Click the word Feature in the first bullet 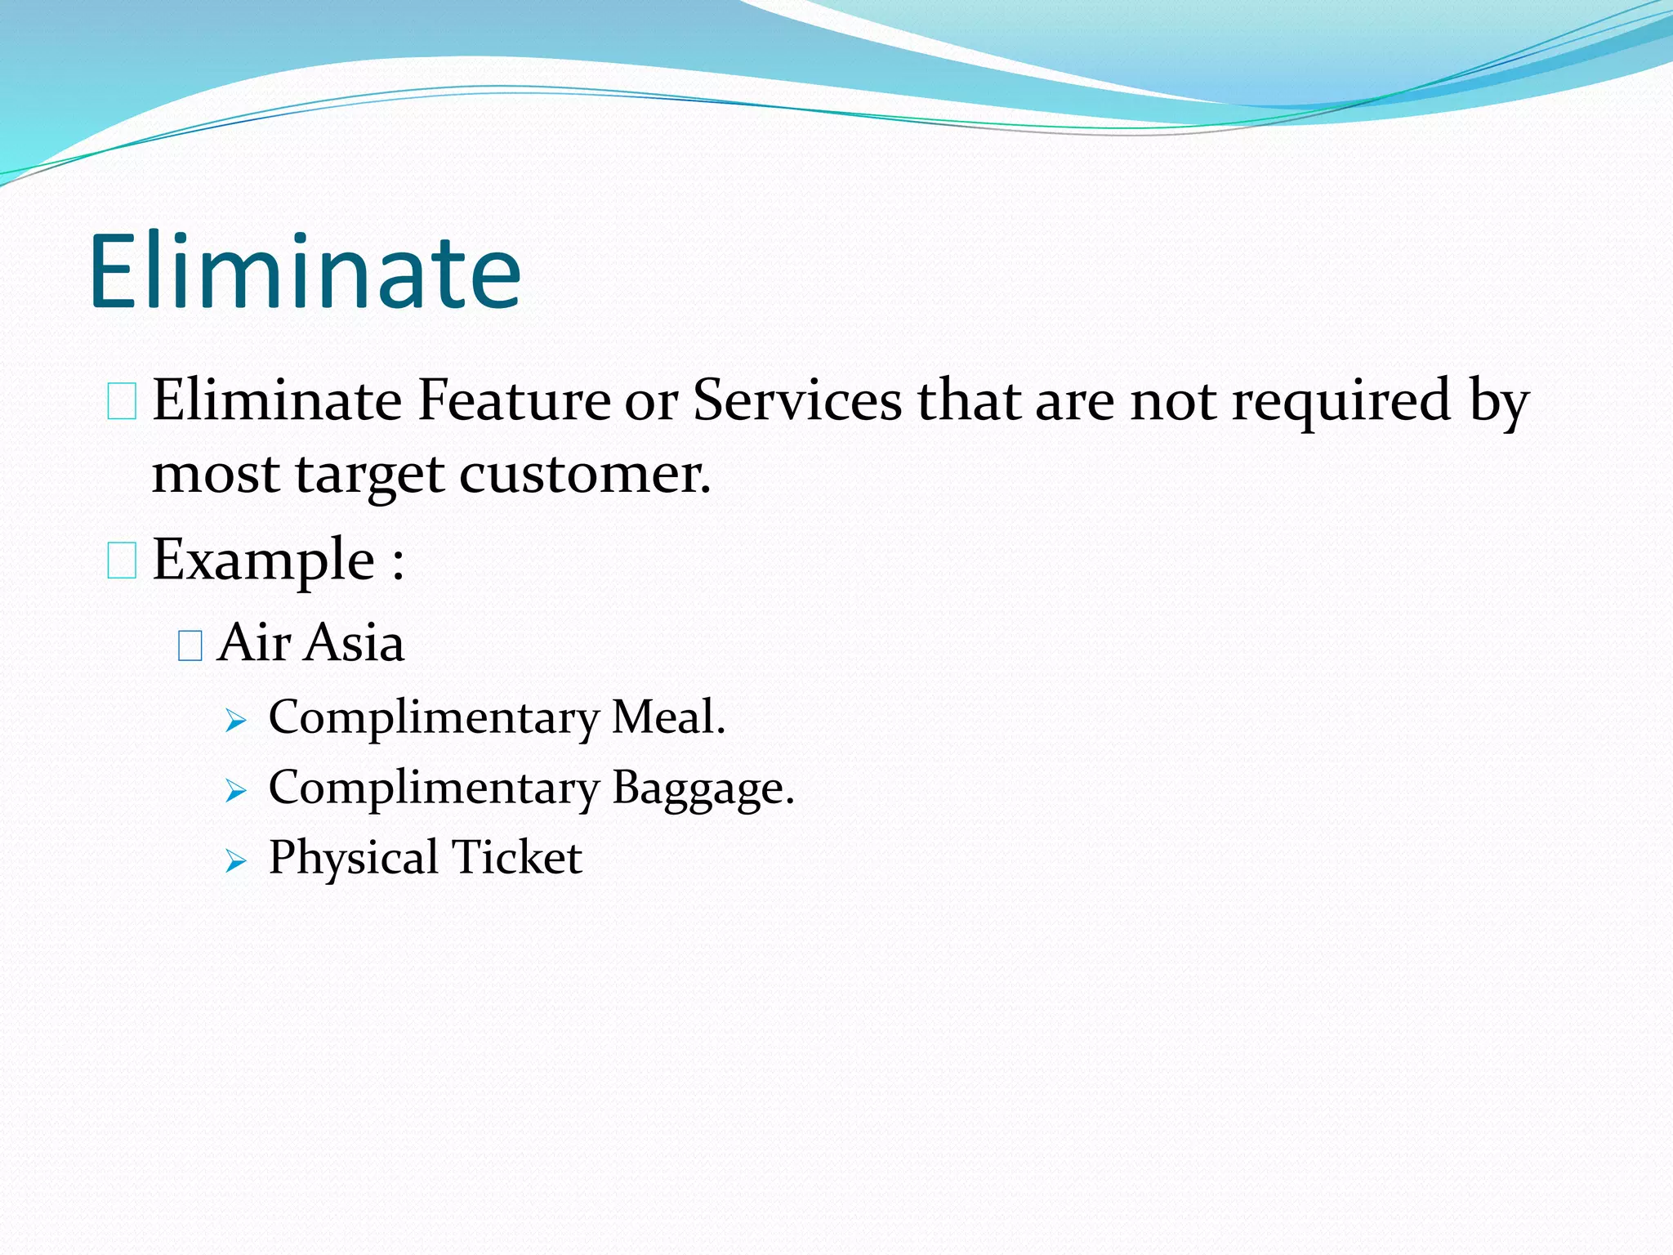tap(514, 400)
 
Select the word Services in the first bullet tap(796, 400)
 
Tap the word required tap(1341, 402)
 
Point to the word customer tap(584, 475)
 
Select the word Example tap(263, 561)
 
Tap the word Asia tap(355, 643)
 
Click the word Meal tap(667, 717)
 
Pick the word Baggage tap(703, 789)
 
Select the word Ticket tap(516, 858)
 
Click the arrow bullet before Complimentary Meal tap(235, 721)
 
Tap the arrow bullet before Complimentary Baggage tap(235, 791)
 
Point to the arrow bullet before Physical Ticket tap(235, 861)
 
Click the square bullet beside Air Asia tap(190, 646)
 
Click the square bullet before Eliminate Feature tap(122, 403)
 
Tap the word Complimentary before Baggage tap(434, 789)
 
